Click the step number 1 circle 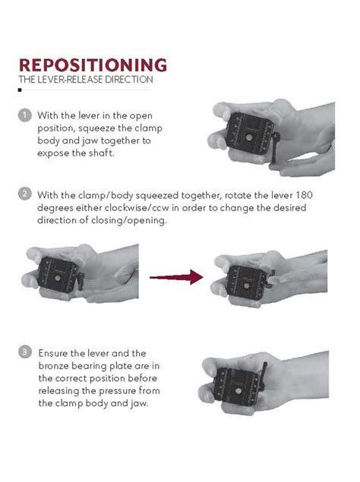point(24,115)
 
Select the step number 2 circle point(24,194)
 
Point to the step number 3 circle point(24,352)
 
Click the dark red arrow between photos point(176,277)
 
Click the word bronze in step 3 point(57,366)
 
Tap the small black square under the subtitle point(20,90)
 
